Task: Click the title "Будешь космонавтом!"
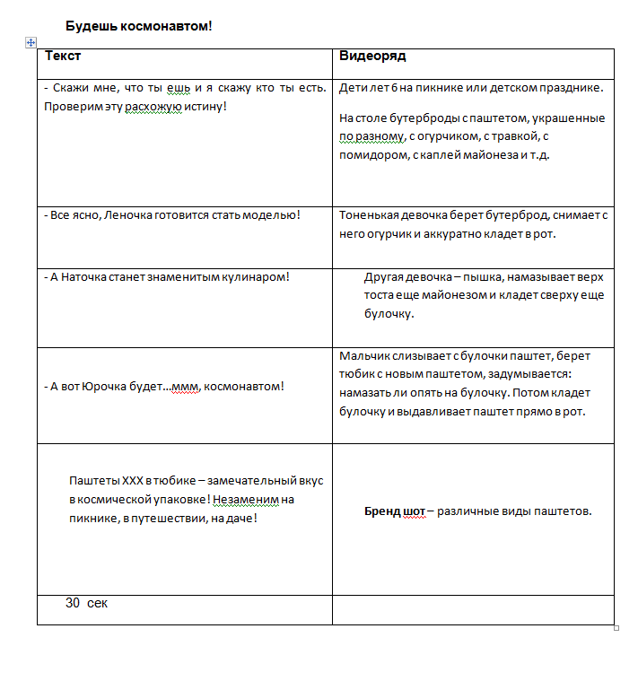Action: click(x=139, y=25)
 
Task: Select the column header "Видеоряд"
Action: click(x=372, y=56)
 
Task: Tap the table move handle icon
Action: click(x=31, y=41)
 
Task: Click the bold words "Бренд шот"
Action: click(x=394, y=511)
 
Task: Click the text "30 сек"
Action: click(x=86, y=603)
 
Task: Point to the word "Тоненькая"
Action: click(x=369, y=215)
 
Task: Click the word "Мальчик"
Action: click(x=363, y=355)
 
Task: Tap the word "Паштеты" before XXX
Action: click(x=94, y=480)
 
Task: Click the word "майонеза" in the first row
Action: click(x=486, y=154)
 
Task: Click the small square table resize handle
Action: click(x=616, y=628)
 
